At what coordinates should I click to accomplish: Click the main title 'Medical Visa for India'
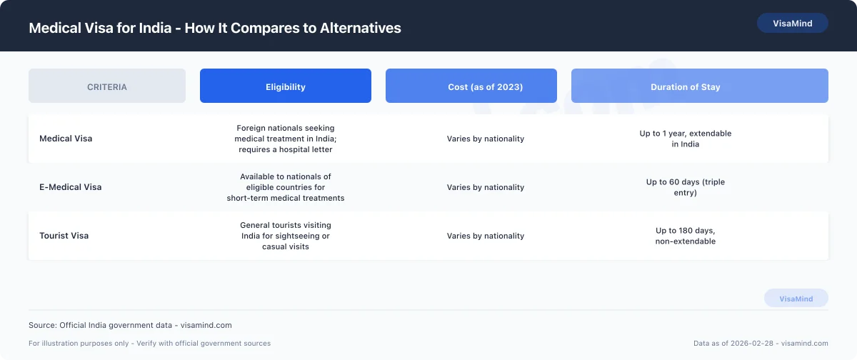tap(214, 29)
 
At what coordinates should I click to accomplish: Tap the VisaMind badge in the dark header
tap(792, 23)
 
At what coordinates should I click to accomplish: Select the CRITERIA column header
tap(107, 86)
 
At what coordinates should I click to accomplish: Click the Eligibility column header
tap(286, 86)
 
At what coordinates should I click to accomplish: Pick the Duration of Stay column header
tap(685, 86)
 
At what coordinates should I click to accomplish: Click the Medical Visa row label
tap(66, 139)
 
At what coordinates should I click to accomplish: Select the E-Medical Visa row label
tap(71, 187)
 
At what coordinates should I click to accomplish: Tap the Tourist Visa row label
tap(64, 236)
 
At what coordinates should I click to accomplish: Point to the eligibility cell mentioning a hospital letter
tap(286, 139)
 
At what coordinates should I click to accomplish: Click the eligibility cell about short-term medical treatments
tap(286, 187)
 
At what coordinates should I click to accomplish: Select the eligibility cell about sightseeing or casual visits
tap(286, 236)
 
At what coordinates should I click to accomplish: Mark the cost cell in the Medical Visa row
tap(485, 139)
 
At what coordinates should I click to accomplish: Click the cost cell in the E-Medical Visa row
tap(485, 187)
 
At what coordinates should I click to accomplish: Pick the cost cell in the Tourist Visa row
tap(485, 236)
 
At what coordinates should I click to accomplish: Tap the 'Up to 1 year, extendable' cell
tap(685, 139)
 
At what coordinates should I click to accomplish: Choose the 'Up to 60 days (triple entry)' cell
tap(685, 187)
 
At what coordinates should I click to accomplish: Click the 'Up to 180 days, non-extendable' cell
tap(685, 236)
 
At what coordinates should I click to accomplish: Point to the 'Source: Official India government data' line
tap(130, 325)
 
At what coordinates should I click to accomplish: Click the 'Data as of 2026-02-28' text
tap(761, 344)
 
